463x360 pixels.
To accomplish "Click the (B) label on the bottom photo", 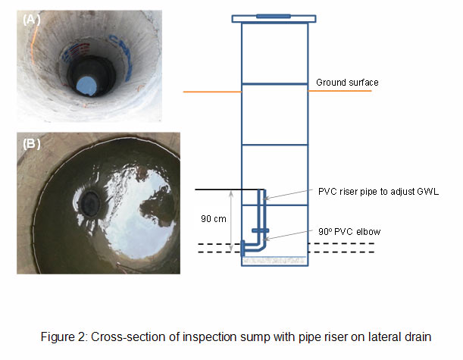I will coord(33,142).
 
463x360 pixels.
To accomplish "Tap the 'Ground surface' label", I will coord(347,82).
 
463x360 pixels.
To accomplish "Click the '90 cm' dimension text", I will coord(213,218).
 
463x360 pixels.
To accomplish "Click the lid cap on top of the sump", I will coord(274,15).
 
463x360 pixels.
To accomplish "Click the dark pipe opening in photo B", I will coord(92,200).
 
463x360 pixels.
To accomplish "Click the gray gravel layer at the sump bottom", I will coord(274,260).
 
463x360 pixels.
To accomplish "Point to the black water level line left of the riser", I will coord(227,189).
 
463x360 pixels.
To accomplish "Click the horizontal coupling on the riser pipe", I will coord(259,230).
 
